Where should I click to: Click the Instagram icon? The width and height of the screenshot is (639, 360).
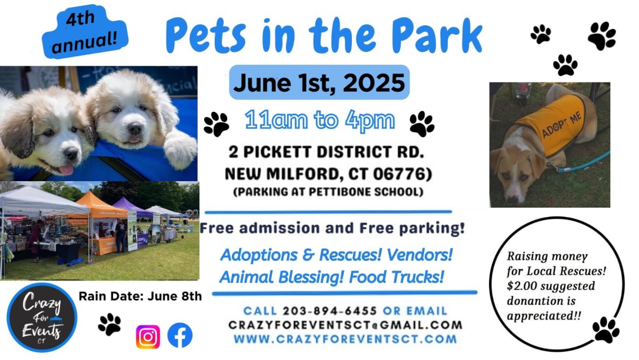point(148,336)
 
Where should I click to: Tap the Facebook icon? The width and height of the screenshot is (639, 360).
point(179,335)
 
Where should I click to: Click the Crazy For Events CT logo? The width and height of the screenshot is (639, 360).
point(42,317)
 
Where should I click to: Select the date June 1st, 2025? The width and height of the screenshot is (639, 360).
point(319,83)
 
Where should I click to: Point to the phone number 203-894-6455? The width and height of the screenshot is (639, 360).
point(330,311)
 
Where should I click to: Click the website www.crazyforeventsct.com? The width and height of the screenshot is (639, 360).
point(345,339)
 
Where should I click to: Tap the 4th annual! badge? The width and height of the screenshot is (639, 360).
point(85,32)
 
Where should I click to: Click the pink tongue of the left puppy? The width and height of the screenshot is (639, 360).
point(66,169)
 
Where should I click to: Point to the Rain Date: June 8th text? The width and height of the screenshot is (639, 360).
point(140,296)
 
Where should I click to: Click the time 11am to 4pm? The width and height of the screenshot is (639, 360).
point(319,120)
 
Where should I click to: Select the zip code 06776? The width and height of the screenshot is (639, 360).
point(398,174)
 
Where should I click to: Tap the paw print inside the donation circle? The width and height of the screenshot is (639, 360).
point(605,329)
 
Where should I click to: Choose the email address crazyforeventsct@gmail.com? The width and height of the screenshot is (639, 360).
point(345,325)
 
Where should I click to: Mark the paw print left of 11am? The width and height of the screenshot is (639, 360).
point(217,124)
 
